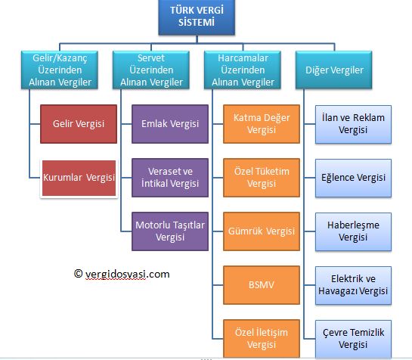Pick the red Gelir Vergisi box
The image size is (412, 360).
click(x=79, y=123)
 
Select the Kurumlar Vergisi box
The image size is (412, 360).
click(x=79, y=178)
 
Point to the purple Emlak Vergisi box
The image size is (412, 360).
click(x=170, y=123)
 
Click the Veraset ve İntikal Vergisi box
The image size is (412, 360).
click(x=170, y=177)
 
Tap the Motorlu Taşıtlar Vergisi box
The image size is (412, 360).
click(x=170, y=231)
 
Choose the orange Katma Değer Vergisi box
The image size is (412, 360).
click(x=261, y=124)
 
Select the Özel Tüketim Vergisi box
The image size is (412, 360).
click(x=261, y=178)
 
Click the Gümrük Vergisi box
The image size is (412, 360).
click(x=261, y=231)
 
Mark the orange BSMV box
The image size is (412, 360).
click(x=261, y=285)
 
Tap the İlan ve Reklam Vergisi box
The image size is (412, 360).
click(x=354, y=124)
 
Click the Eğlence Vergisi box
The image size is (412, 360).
click(x=354, y=178)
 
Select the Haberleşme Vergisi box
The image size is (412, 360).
click(x=354, y=231)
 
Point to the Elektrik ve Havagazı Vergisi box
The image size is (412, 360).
click(x=354, y=285)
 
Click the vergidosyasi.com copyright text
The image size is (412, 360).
click(x=122, y=274)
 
